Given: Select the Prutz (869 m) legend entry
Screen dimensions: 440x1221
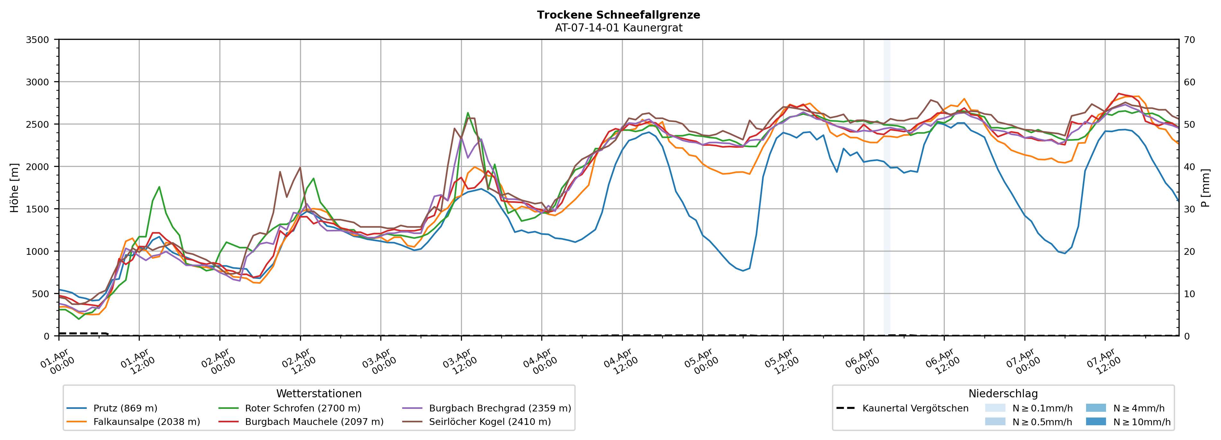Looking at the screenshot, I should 125,408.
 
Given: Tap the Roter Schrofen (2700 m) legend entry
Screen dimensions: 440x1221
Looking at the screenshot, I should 302,408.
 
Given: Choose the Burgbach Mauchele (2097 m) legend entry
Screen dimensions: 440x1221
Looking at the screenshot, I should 314,421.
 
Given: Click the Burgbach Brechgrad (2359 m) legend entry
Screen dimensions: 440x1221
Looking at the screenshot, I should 500,408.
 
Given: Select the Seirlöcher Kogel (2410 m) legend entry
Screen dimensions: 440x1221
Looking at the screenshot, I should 490,421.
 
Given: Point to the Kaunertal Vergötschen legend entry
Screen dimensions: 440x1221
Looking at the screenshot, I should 915,408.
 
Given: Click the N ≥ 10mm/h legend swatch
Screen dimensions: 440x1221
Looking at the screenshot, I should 1095,421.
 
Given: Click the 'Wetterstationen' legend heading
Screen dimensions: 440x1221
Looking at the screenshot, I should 319,393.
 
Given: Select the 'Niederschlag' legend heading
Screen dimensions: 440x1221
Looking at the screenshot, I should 1003,393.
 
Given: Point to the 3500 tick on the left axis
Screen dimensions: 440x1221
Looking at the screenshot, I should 38,40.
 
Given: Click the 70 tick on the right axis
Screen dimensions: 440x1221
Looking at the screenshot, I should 1189,40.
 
